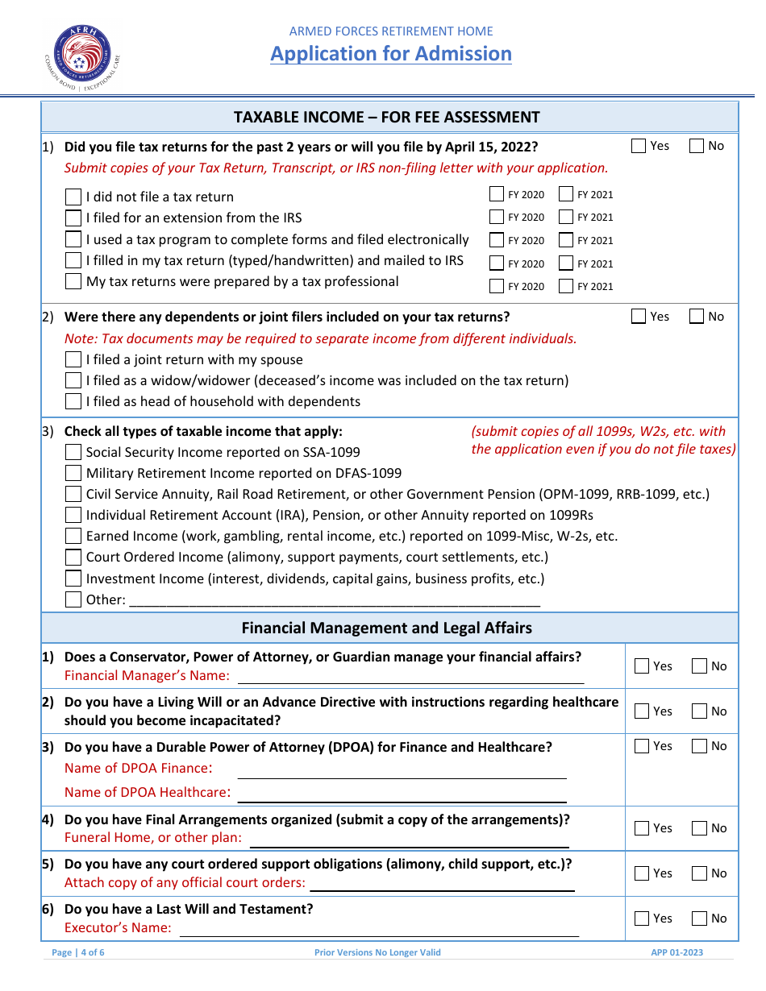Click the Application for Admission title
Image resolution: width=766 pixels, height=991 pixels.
[390, 54]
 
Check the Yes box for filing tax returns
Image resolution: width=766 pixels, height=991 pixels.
[639, 146]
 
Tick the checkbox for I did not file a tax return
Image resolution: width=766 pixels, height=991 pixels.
[73, 197]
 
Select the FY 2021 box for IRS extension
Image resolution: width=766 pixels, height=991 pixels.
[566, 217]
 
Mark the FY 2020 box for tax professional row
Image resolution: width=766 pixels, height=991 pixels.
[497, 286]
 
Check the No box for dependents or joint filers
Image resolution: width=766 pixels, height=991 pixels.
[697, 317]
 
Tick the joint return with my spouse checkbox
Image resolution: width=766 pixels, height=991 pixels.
[73, 359]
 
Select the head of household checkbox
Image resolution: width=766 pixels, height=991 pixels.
[73, 401]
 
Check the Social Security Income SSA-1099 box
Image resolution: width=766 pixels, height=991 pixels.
[73, 452]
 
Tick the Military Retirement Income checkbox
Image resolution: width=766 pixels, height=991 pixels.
[73, 473]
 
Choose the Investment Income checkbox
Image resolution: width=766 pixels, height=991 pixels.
[73, 578]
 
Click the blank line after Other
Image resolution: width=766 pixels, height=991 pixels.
[334, 599]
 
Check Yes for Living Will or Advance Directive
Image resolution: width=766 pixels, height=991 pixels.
[642, 711]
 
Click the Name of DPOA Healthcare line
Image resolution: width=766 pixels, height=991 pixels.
[402, 794]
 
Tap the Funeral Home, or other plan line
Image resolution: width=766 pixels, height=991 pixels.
[410, 839]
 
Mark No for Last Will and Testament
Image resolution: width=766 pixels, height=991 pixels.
[700, 918]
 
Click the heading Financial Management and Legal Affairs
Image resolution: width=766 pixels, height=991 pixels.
[386, 628]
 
